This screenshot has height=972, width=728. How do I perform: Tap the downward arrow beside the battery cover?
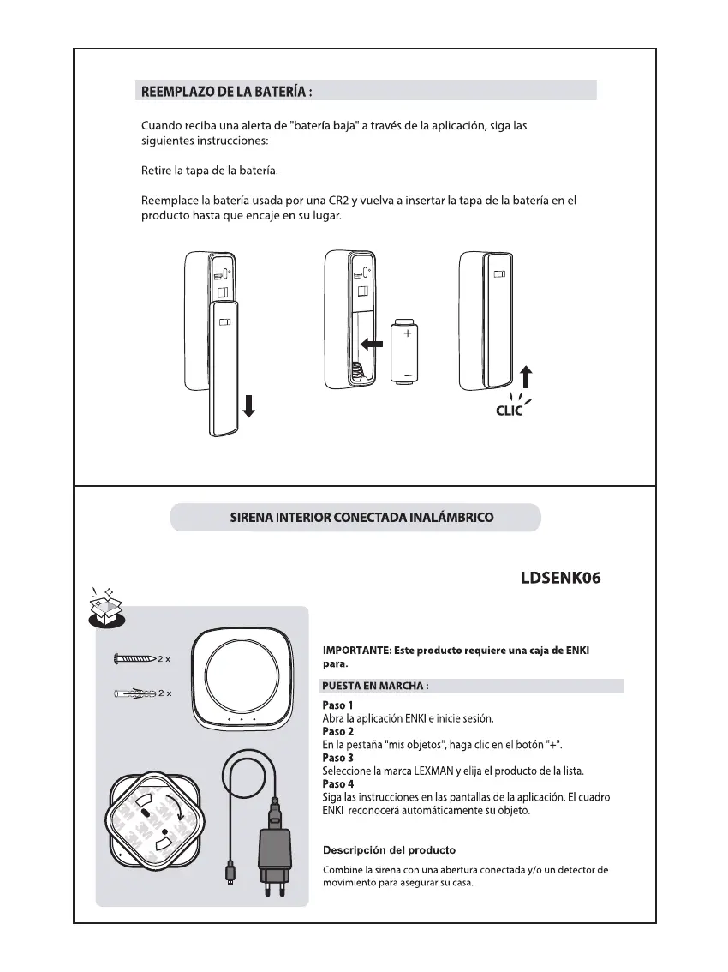tap(248, 405)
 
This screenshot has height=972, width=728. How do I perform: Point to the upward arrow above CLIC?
tap(527, 378)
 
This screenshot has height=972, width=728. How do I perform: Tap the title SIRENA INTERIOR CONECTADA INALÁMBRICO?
tap(355, 518)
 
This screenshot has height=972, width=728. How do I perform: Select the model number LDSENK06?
tap(560, 578)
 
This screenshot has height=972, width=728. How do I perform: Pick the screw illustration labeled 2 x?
tap(134, 659)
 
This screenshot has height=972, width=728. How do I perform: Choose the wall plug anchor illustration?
tap(135, 693)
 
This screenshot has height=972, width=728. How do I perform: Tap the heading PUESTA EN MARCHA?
tap(374, 686)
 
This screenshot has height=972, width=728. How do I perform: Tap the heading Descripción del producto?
tap(388, 850)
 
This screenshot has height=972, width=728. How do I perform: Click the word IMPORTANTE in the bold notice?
tap(355, 651)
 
